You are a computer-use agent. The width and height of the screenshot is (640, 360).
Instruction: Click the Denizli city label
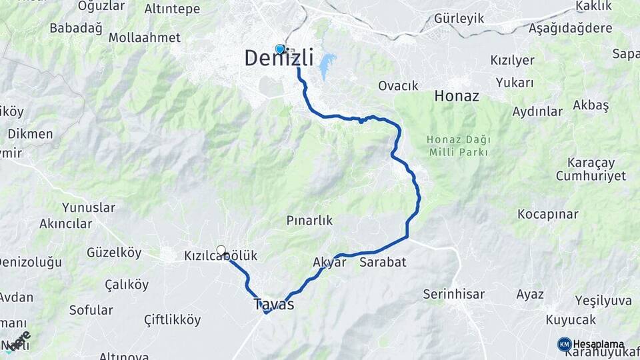[x=279, y=59]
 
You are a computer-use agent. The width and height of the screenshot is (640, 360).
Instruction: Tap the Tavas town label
[x=273, y=304]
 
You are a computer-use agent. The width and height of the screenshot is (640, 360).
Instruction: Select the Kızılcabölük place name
[x=221, y=256]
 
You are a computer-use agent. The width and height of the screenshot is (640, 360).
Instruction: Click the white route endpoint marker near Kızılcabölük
[x=221, y=250]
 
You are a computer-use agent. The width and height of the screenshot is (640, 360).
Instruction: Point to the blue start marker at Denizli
[x=279, y=49]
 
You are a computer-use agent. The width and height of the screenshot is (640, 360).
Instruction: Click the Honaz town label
[x=457, y=96]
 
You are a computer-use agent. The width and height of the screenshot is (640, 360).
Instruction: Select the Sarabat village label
[x=383, y=262]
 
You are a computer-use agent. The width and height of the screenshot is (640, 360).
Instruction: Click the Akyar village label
[x=329, y=262]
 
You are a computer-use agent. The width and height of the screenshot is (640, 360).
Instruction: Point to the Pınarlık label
[x=309, y=221]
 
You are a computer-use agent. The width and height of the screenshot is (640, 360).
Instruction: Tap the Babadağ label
[x=76, y=29]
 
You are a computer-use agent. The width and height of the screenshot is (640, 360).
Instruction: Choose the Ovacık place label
[x=398, y=85]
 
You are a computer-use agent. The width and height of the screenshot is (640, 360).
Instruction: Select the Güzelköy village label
[x=114, y=253]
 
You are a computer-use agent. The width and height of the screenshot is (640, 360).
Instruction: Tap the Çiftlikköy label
[x=172, y=320]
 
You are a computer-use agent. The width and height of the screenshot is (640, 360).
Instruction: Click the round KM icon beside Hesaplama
[x=564, y=344]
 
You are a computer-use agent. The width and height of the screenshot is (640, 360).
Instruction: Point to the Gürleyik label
[x=459, y=18]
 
